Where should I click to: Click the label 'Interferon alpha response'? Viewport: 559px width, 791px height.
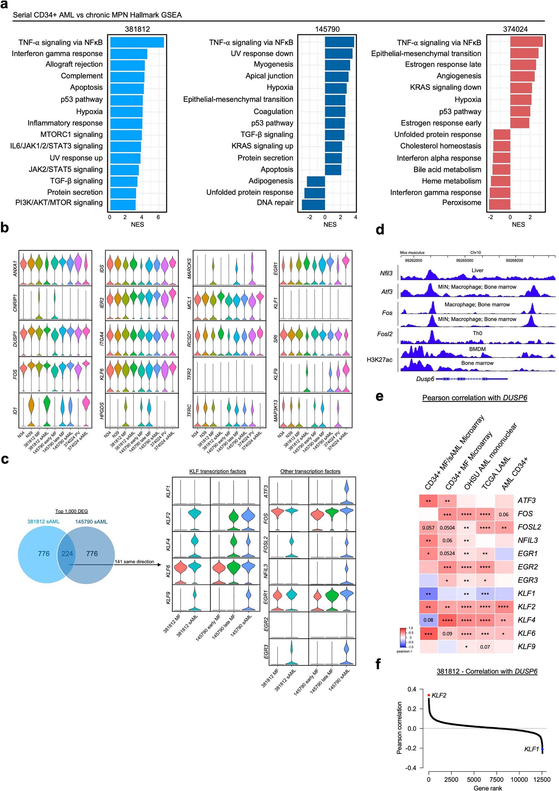pyautogui.click(x=439, y=158)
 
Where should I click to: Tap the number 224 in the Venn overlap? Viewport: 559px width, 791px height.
pyautogui.click(x=67, y=554)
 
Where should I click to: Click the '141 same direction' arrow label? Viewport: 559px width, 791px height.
pyautogui.click(x=134, y=562)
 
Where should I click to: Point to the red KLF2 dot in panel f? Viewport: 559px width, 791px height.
pyautogui.click(x=429, y=695)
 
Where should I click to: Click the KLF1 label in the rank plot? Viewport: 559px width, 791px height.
pyautogui.click(x=531, y=749)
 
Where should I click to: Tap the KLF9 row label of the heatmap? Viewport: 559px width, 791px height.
pyautogui.click(x=526, y=647)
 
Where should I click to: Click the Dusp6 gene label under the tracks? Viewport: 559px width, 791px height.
pyautogui.click(x=425, y=379)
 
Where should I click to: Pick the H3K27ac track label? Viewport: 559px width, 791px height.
pyautogui.click(x=379, y=360)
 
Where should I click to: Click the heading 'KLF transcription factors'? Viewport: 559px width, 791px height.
pyautogui.click(x=218, y=471)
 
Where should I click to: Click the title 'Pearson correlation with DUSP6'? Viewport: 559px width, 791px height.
pyautogui.click(x=475, y=398)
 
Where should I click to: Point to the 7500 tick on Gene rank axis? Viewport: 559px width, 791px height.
pyautogui.click(x=496, y=779)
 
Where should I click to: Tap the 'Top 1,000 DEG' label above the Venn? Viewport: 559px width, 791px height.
pyautogui.click(x=71, y=511)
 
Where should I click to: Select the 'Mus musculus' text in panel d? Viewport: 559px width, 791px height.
pyautogui.click(x=412, y=252)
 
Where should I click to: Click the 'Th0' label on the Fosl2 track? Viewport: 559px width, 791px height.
pyautogui.click(x=477, y=333)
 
